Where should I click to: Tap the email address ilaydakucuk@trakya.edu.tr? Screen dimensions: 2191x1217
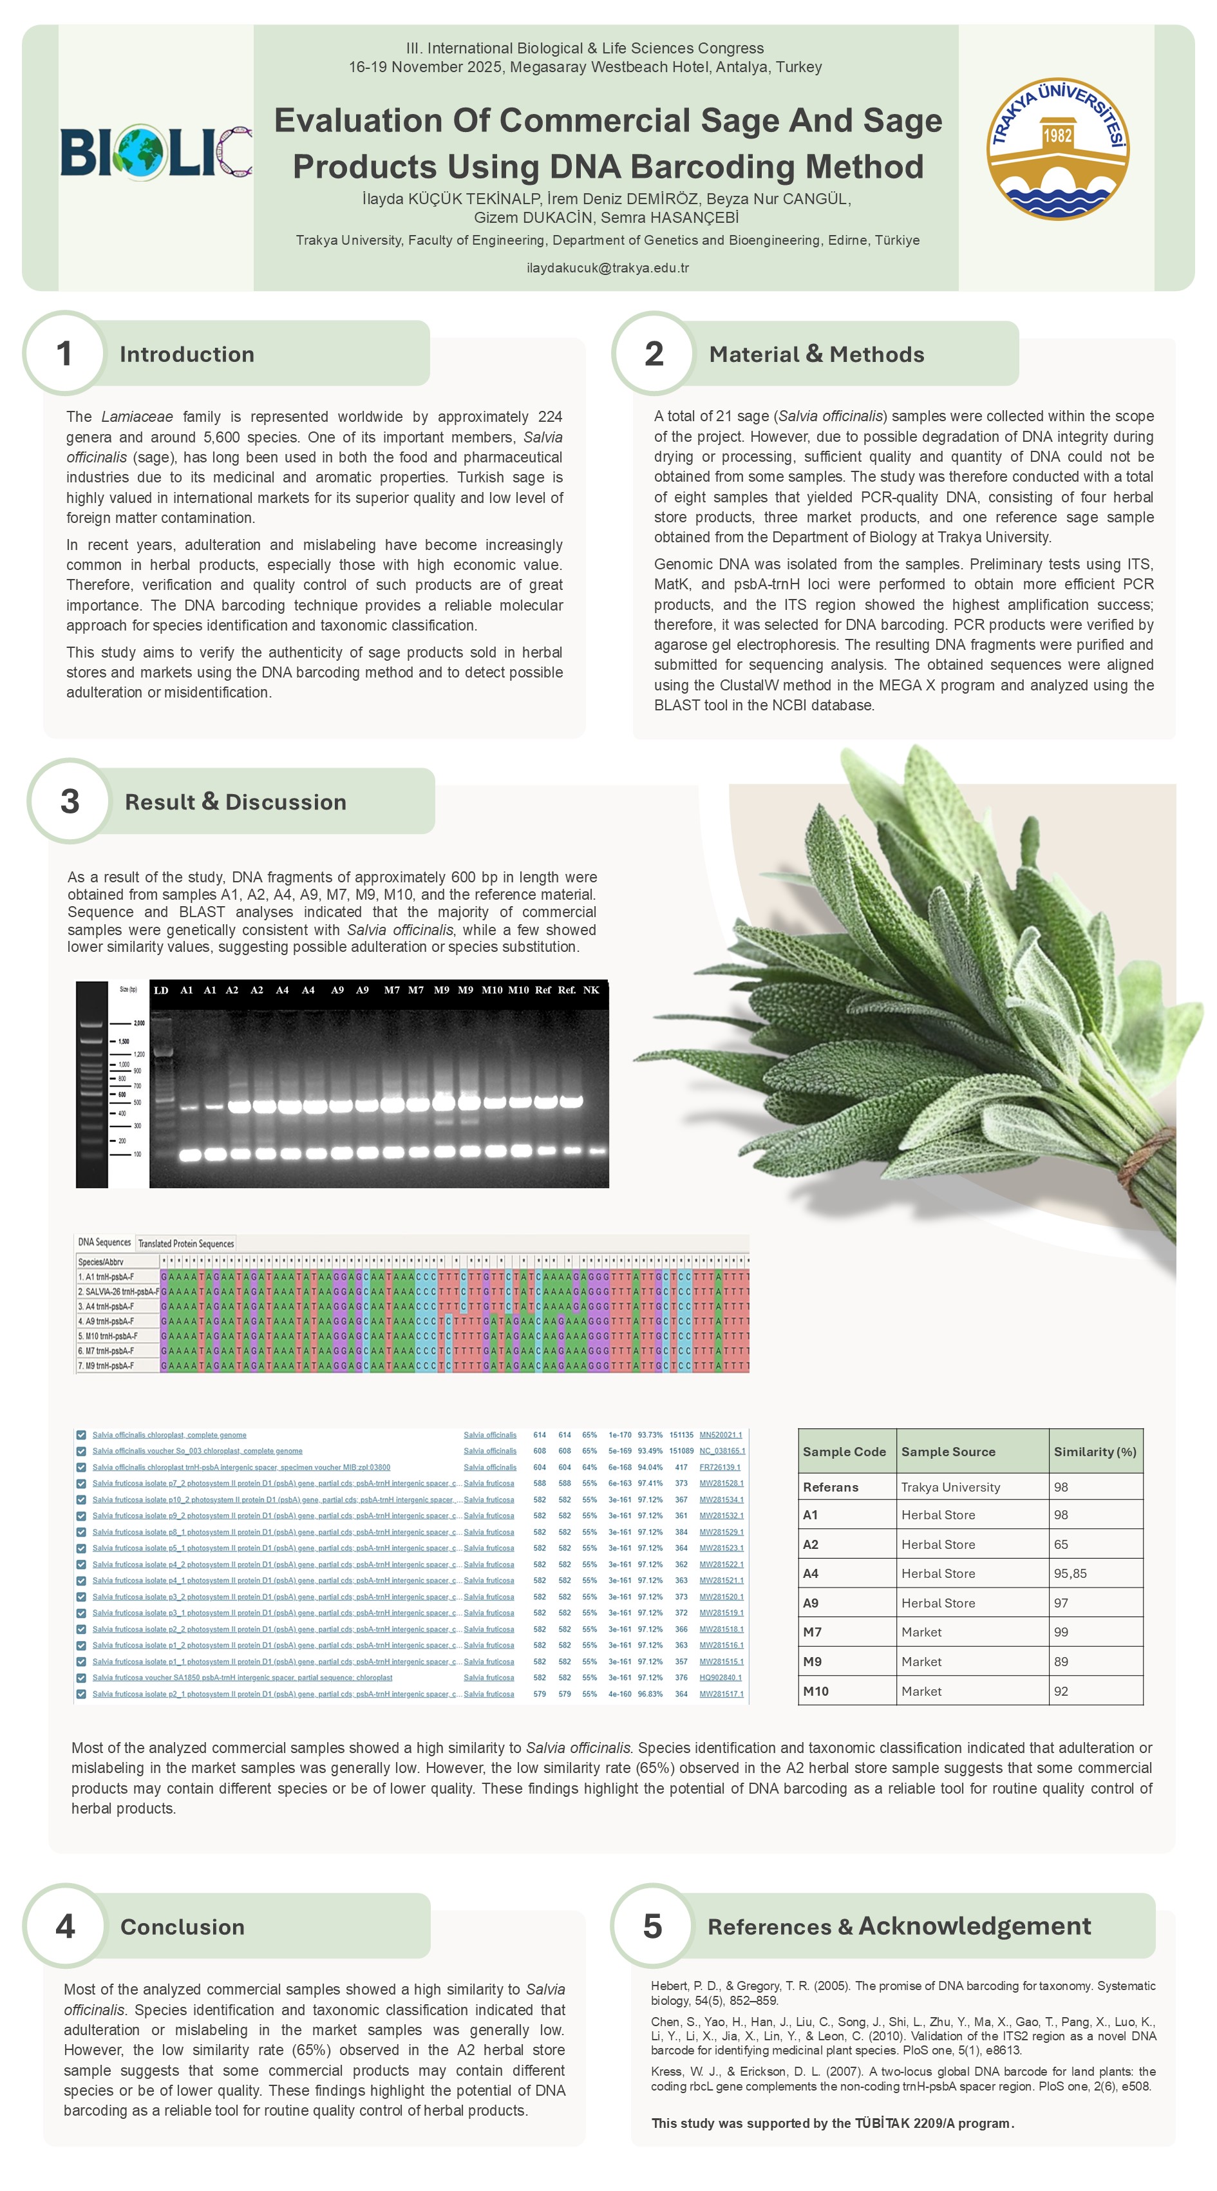(607, 268)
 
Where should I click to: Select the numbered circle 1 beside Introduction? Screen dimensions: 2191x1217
(64, 354)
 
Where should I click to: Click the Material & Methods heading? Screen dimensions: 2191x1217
(816, 355)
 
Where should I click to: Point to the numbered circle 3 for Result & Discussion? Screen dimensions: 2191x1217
(70, 801)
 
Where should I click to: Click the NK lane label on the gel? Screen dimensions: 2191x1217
(591, 990)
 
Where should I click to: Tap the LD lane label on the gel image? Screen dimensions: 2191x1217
(161, 990)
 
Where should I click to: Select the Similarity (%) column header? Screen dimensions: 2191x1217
(1095, 1452)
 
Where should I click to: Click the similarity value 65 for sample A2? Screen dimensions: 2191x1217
(1061, 1544)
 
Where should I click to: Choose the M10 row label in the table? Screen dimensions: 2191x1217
(816, 1691)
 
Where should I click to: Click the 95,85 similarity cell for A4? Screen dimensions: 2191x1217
(1070, 1573)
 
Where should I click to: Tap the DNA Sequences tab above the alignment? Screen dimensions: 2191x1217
(104, 1242)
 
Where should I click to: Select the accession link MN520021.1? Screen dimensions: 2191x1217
(721, 1435)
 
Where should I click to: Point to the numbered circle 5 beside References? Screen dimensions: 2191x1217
(652, 1926)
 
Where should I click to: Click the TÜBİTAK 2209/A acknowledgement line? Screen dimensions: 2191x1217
(832, 2123)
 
